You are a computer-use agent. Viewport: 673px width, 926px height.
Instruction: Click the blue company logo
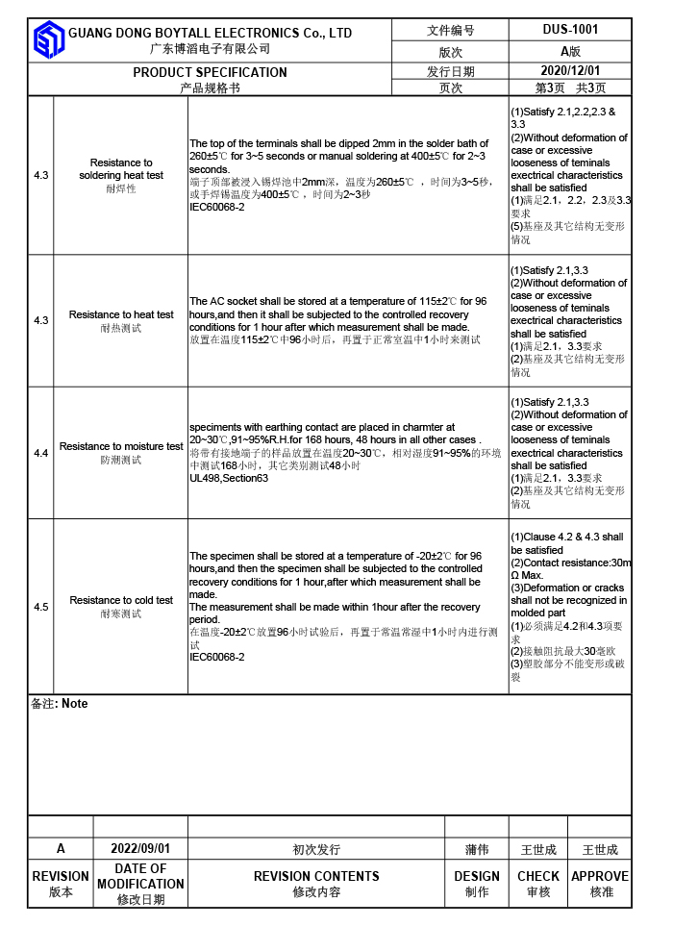click(47, 39)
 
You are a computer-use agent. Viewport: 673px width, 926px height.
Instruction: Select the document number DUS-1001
click(570, 30)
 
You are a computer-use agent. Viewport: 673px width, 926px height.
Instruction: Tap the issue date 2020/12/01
click(570, 70)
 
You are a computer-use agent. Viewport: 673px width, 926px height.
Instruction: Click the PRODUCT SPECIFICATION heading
click(210, 72)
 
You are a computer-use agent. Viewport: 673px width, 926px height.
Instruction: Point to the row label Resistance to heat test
click(121, 314)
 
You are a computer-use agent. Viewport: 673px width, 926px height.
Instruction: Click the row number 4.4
click(41, 453)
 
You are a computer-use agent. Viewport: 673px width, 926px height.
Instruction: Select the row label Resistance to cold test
click(121, 600)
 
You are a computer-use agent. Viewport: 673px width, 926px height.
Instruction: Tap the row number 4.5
click(41, 607)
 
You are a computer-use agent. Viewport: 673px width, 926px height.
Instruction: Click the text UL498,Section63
click(229, 478)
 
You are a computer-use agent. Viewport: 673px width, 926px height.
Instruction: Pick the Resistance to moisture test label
click(121, 446)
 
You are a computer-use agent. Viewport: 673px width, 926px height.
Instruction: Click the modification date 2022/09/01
click(140, 849)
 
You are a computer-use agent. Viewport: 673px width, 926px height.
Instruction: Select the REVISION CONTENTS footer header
click(316, 876)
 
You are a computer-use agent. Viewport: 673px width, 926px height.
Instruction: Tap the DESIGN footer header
click(477, 876)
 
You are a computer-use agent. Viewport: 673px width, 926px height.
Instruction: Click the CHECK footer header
click(538, 876)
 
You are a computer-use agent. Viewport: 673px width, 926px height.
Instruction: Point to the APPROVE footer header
click(600, 876)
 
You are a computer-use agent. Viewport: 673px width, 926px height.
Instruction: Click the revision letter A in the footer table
click(61, 849)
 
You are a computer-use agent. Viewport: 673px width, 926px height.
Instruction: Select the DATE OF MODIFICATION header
click(140, 876)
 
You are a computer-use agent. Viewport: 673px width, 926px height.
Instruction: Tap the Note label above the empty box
click(74, 704)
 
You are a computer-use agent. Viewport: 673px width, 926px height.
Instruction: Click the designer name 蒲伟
click(477, 850)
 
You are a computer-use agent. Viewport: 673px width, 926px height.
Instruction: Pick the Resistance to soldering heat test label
click(121, 169)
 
